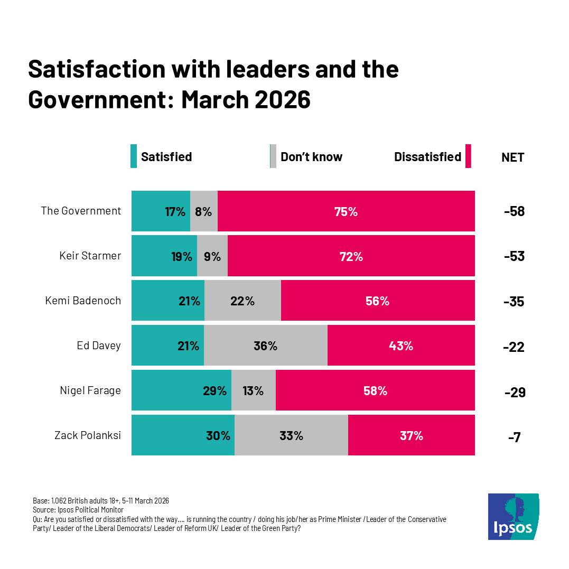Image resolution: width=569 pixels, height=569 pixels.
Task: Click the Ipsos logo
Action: (513, 516)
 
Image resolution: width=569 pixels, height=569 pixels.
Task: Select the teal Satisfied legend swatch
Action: (134, 156)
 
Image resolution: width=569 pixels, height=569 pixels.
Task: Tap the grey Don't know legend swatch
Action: (273, 156)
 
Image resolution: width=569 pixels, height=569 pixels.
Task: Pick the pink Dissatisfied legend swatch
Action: (468, 156)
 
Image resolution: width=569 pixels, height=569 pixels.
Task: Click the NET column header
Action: (512, 157)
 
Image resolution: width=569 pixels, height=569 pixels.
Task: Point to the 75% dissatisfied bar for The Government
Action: (346, 211)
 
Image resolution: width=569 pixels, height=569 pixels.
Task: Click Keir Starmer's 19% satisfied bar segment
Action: (164, 256)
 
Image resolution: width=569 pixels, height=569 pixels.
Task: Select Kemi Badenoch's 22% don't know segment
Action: (242, 301)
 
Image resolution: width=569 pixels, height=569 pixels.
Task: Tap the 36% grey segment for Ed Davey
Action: (265, 346)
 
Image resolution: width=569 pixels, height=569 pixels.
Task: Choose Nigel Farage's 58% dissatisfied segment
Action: (375, 390)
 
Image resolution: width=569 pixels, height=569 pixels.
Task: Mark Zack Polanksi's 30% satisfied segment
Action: (183, 435)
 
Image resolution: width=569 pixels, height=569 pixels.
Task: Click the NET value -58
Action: (514, 212)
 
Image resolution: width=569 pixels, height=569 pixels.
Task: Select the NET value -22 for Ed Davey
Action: (514, 347)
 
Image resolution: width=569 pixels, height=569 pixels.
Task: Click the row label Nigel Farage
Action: (90, 390)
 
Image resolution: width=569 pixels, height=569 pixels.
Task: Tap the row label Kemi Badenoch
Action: (83, 301)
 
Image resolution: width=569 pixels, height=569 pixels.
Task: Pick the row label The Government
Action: (81, 211)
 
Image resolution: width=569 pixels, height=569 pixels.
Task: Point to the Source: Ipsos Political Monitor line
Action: (78, 510)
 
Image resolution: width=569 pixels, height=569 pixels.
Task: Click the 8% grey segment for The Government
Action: (203, 211)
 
